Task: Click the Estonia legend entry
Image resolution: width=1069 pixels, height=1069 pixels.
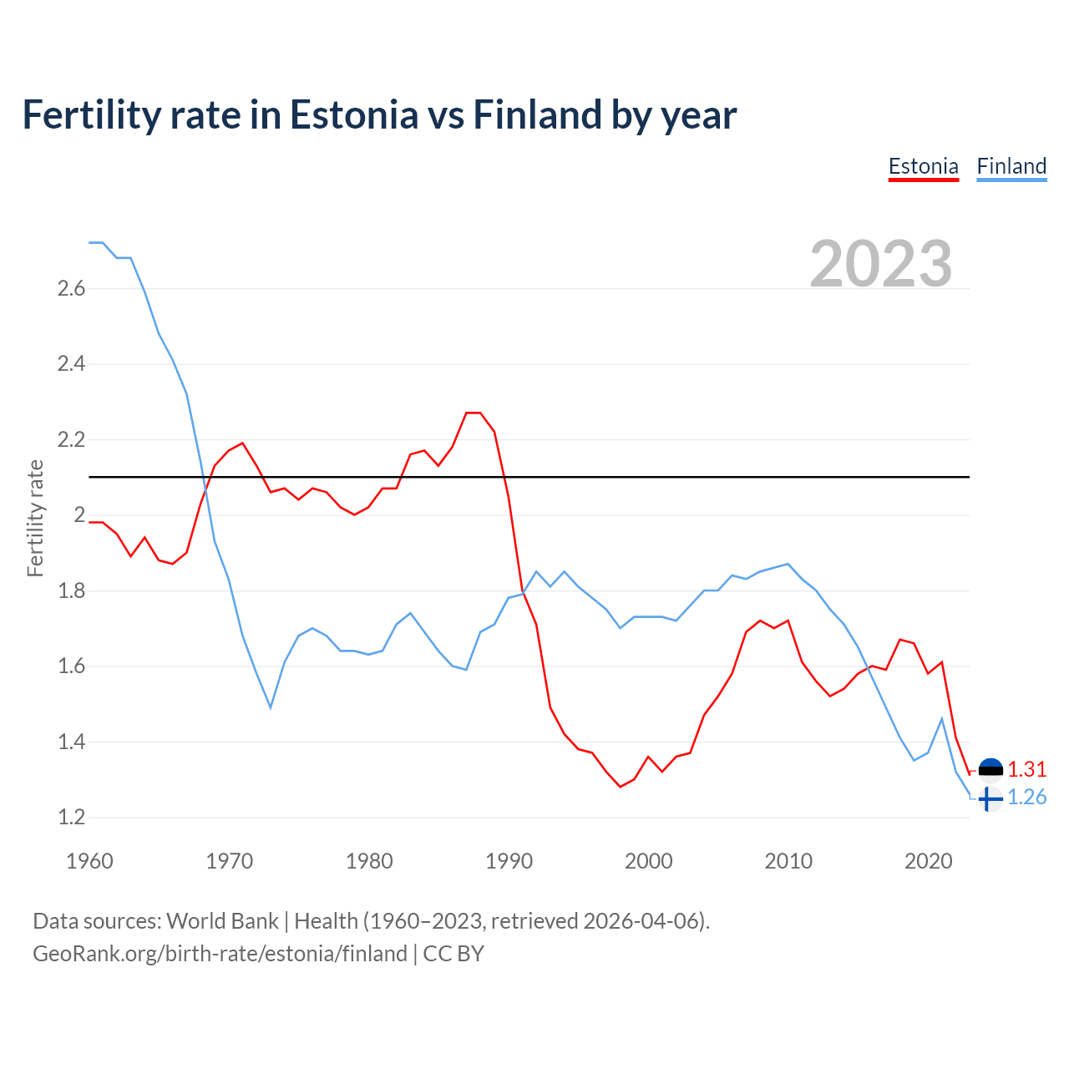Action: click(x=923, y=166)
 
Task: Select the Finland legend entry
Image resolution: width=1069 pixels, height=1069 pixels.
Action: click(x=1011, y=166)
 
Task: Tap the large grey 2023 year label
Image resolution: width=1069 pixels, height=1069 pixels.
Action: click(x=881, y=264)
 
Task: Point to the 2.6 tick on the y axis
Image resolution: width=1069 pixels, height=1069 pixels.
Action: click(x=71, y=289)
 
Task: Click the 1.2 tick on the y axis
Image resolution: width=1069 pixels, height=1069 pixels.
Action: click(x=71, y=818)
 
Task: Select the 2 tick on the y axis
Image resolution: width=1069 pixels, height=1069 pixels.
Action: click(x=79, y=515)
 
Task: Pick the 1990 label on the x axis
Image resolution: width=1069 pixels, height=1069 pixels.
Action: click(x=509, y=861)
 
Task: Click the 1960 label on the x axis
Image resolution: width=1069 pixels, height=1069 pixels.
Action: click(x=89, y=861)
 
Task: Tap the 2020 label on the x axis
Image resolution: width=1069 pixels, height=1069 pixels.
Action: click(x=928, y=861)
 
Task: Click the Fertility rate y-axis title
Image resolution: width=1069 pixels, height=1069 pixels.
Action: click(x=35, y=518)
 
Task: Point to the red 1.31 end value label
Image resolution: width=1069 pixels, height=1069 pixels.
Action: click(x=1026, y=769)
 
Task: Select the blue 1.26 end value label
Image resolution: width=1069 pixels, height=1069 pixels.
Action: click(x=1026, y=798)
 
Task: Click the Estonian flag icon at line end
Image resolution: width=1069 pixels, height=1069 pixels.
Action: click(x=990, y=769)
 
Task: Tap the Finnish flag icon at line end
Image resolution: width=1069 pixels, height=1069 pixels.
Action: click(x=990, y=798)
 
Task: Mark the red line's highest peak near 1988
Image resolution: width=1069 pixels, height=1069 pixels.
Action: click(x=474, y=413)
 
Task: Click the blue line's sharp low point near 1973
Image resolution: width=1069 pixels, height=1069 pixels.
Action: click(x=271, y=707)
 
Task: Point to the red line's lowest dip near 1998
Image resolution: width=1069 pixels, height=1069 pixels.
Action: click(x=621, y=787)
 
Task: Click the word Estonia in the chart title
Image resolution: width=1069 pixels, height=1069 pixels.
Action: click(x=353, y=115)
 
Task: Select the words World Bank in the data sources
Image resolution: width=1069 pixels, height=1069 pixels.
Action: click(x=222, y=921)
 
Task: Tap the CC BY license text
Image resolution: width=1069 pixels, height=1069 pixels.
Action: click(x=453, y=954)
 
